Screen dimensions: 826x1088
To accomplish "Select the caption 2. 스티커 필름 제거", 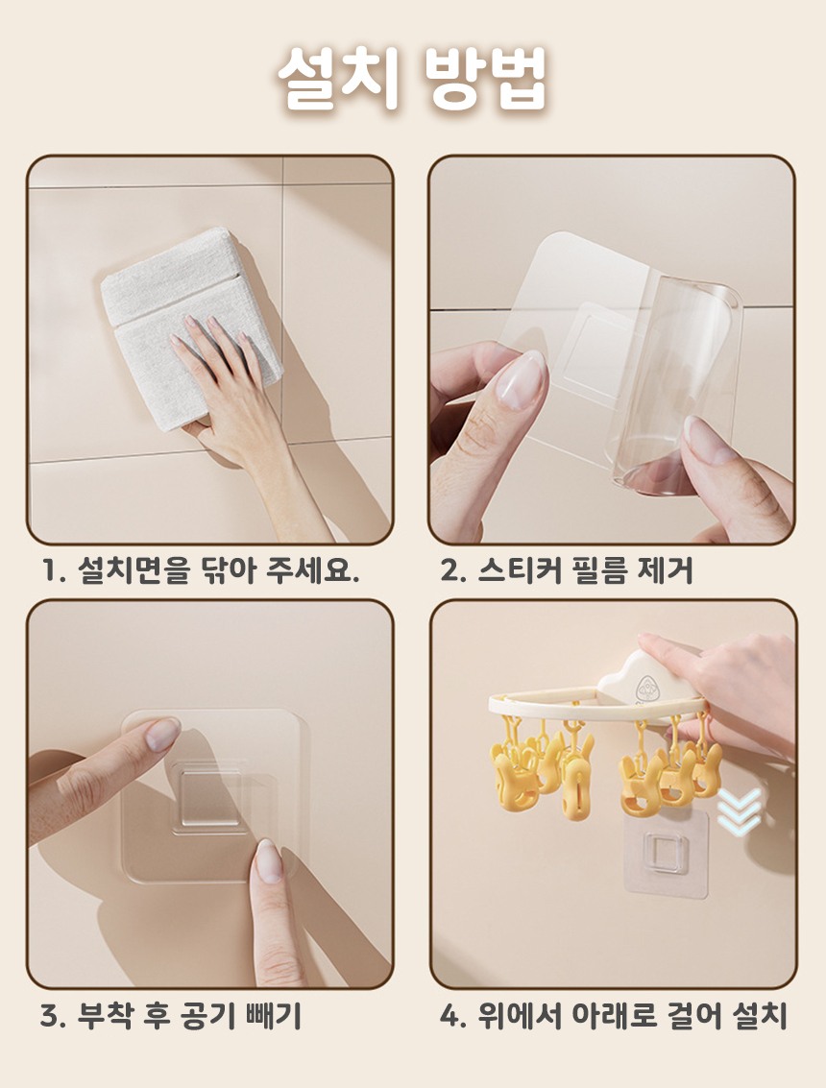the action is [567, 570].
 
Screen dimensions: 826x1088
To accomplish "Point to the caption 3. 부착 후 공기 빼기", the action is [171, 1016].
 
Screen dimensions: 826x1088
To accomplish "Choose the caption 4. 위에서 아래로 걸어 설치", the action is [614, 1016].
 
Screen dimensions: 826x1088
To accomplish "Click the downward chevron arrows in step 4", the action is [739, 810].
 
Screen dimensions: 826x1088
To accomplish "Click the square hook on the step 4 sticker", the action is [664, 853].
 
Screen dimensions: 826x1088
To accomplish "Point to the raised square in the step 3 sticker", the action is [209, 797].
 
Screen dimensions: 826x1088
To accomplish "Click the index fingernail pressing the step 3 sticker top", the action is [162, 734].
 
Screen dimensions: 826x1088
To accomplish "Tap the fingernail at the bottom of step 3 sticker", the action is [267, 861].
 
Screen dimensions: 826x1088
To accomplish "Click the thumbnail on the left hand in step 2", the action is [521, 379].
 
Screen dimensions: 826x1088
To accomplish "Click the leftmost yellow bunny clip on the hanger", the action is [514, 774].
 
